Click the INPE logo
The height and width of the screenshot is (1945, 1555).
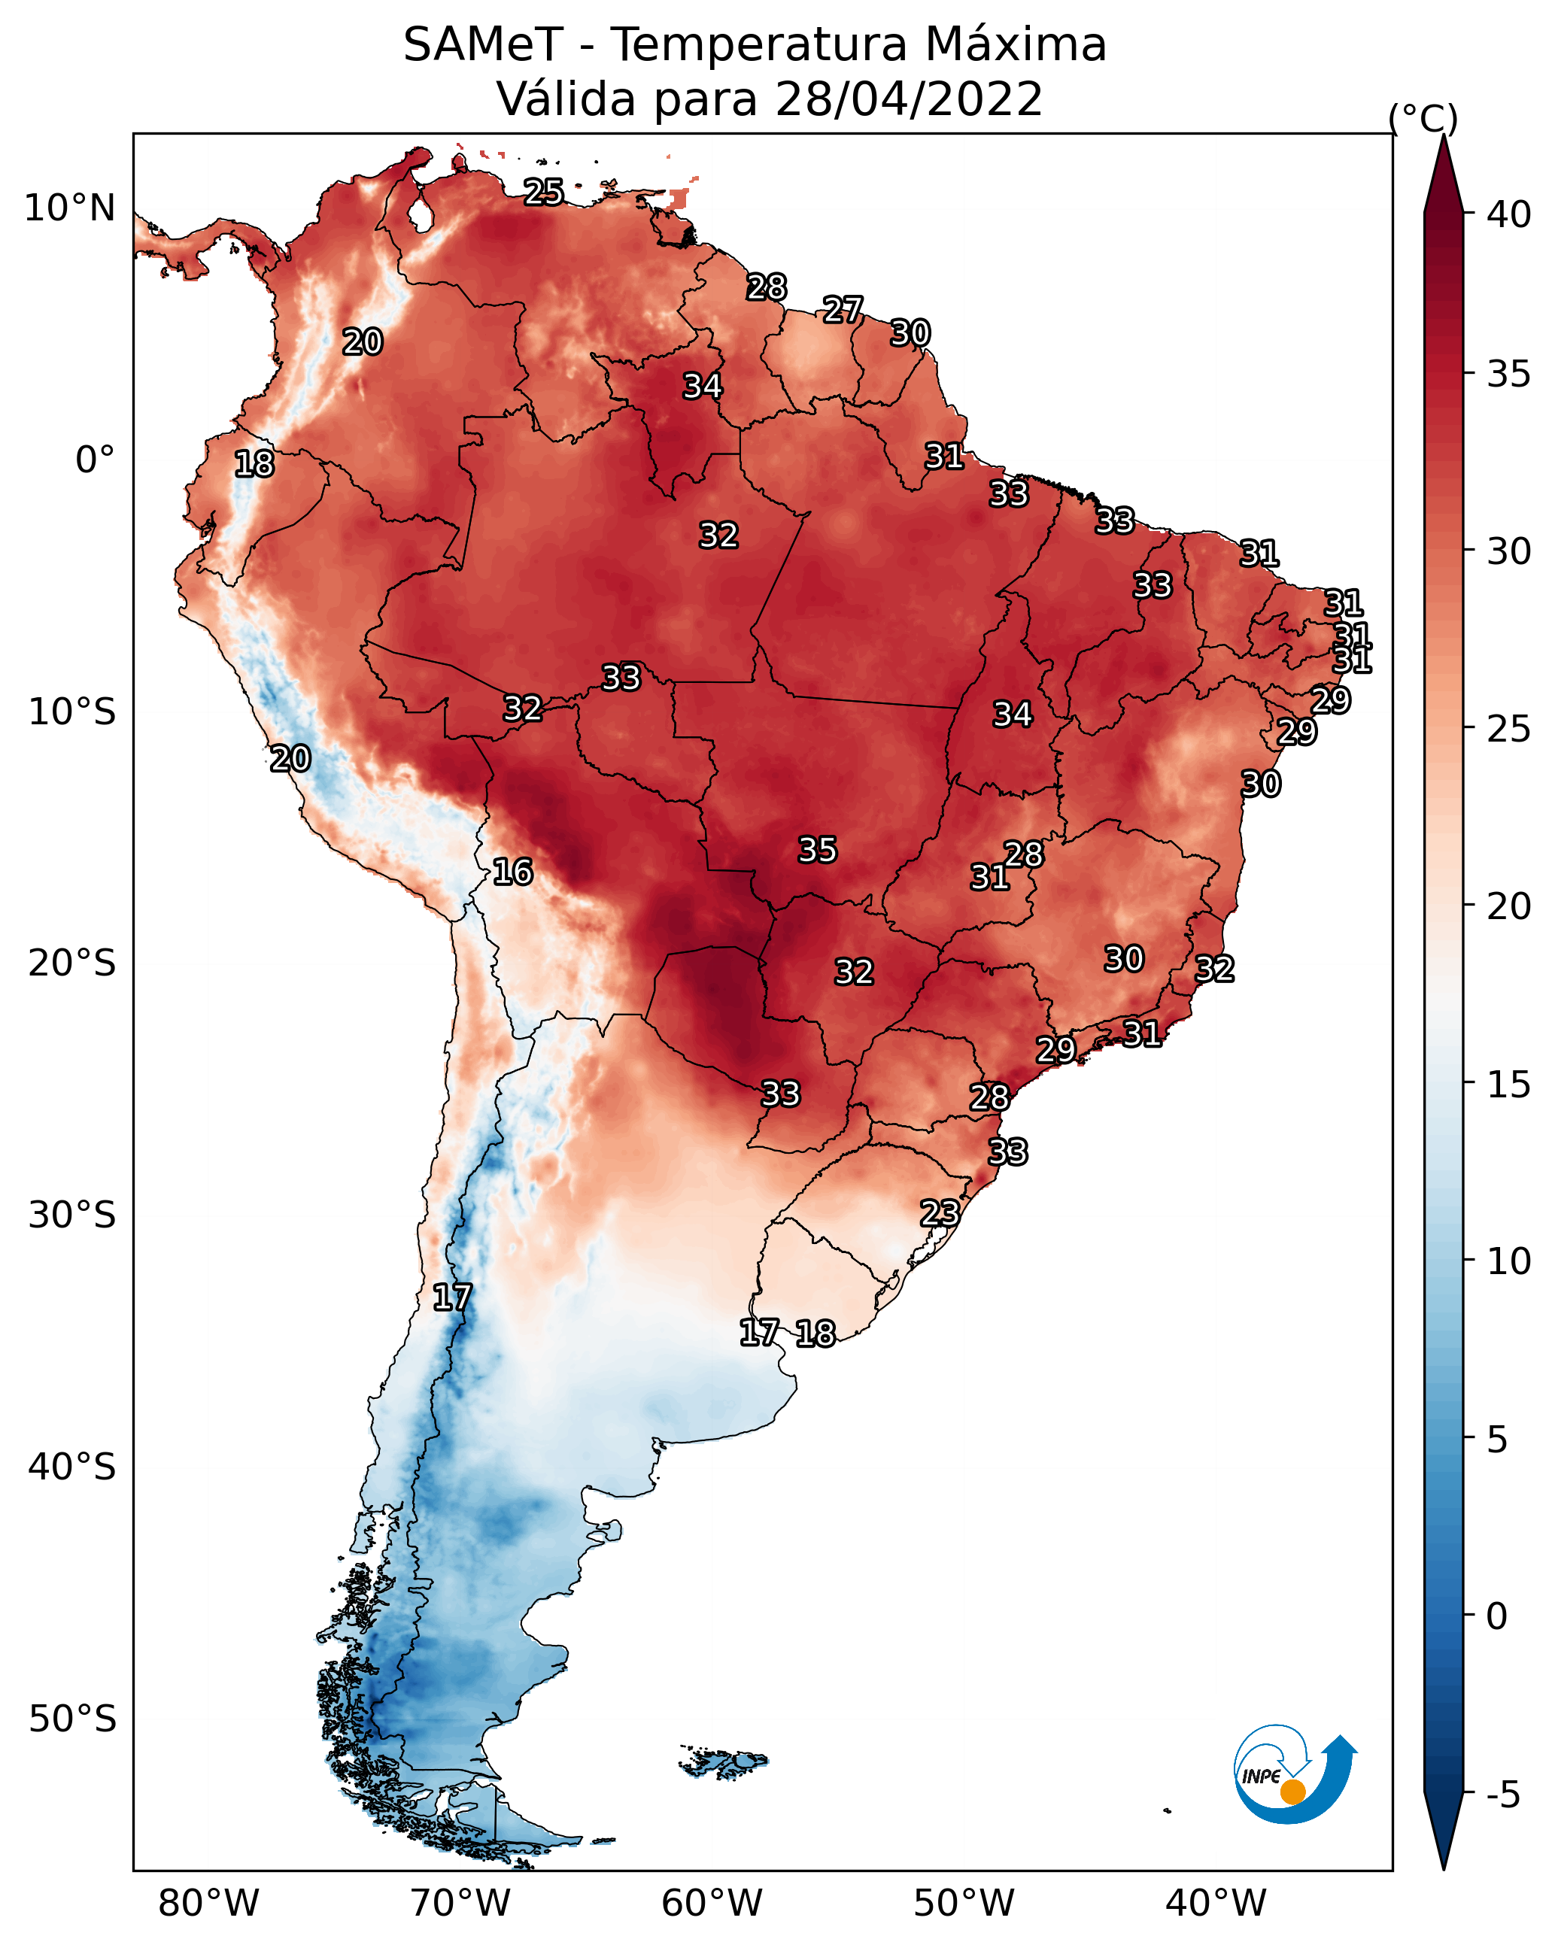pos(1295,1777)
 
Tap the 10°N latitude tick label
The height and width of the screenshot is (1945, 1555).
pos(69,208)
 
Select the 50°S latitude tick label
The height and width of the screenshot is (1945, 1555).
pos(72,1719)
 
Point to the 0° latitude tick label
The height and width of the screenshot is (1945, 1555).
pos(96,460)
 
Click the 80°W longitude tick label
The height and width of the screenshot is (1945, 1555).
pos(208,1904)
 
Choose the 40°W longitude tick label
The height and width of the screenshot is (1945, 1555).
pos(1216,1904)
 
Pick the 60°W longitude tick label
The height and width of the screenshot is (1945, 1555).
pos(712,1904)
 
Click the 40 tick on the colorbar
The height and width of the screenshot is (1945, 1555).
pos(1509,214)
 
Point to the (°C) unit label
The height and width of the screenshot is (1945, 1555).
pos(1423,118)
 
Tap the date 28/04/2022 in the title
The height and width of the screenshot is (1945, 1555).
pos(909,99)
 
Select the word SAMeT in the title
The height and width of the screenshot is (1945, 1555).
pos(483,44)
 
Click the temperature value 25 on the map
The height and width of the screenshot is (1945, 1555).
pos(544,192)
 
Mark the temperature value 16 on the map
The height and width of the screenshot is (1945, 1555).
pos(512,872)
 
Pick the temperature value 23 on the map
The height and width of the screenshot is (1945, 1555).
pos(940,1212)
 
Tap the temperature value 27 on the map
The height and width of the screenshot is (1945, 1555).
pos(843,309)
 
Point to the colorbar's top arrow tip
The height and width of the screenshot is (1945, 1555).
pos(1444,135)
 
